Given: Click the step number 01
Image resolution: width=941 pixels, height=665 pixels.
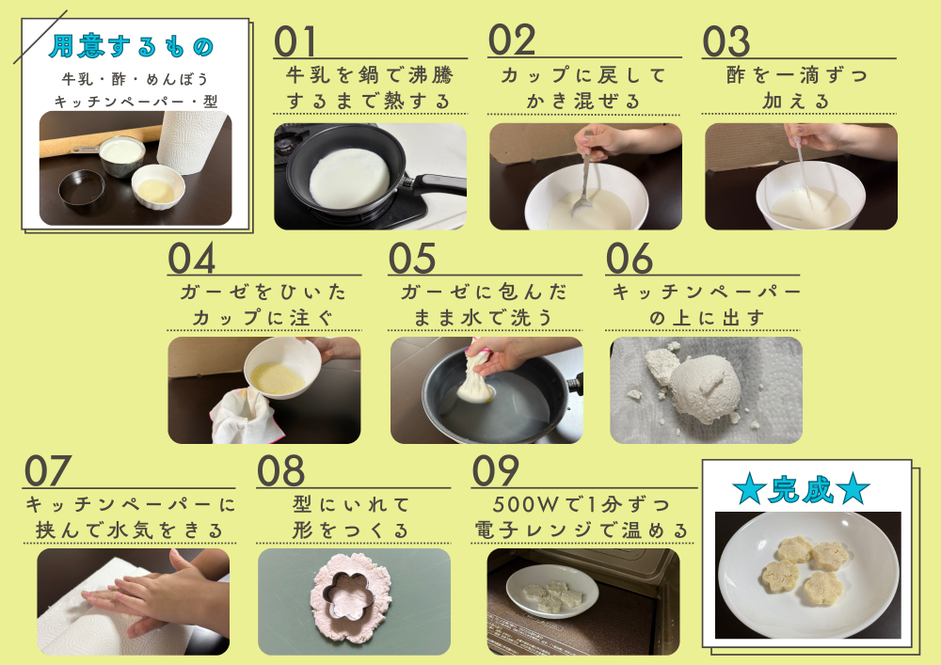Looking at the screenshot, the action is point(295,41).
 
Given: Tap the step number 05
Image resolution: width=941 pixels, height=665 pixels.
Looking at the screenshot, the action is point(412,259).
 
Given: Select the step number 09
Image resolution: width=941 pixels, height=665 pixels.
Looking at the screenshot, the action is point(495,470).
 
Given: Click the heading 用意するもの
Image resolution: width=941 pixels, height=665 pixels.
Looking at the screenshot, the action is point(132,46).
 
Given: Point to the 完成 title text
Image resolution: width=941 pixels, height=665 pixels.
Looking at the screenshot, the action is point(801,490).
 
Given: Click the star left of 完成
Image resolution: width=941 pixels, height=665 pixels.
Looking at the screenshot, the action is point(749,489).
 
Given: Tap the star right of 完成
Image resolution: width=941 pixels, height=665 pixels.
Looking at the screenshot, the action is point(853,489).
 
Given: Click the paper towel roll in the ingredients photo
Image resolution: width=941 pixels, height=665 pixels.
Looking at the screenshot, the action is point(191,142).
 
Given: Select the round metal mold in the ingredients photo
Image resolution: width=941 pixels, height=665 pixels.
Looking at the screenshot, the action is point(82,187).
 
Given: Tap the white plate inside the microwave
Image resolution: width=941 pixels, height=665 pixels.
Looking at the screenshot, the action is point(552,592).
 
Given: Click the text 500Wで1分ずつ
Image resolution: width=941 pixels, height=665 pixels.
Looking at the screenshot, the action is point(581,504).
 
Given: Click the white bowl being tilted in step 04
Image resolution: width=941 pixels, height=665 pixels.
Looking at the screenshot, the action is point(282,367).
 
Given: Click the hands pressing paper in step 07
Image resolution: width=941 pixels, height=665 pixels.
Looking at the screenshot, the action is point(156,594).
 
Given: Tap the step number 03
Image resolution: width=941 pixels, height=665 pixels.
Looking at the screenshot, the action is point(726,41).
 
